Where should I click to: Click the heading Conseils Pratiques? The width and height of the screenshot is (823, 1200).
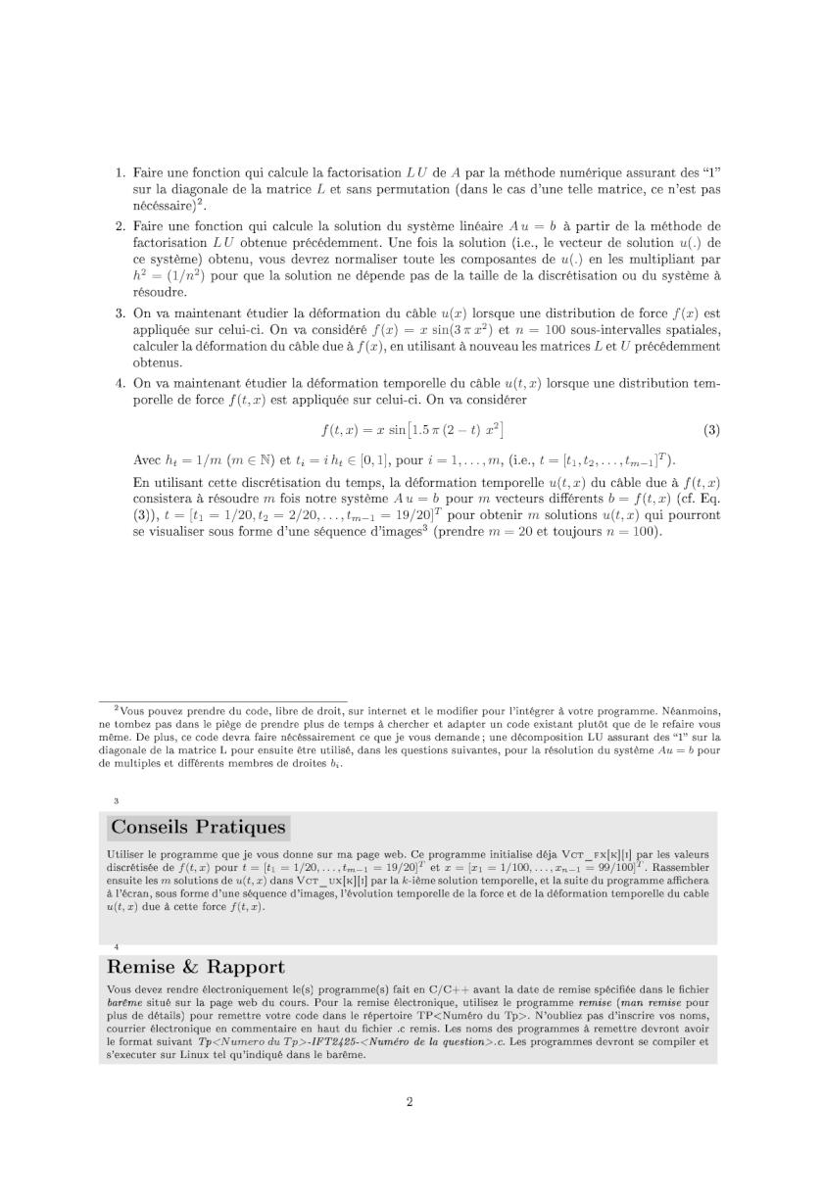(x=198, y=827)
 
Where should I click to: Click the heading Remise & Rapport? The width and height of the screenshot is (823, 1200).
(x=198, y=968)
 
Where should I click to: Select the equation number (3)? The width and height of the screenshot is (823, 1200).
(x=712, y=430)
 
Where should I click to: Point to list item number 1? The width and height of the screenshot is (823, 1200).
(x=121, y=172)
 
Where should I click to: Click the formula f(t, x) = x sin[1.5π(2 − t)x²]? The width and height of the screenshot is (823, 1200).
(x=412, y=430)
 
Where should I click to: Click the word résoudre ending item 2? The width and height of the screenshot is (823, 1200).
(x=160, y=292)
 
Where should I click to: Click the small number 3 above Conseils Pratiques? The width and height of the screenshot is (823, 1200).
(x=116, y=801)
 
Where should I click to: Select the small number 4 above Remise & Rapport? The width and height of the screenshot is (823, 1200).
(x=116, y=946)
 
